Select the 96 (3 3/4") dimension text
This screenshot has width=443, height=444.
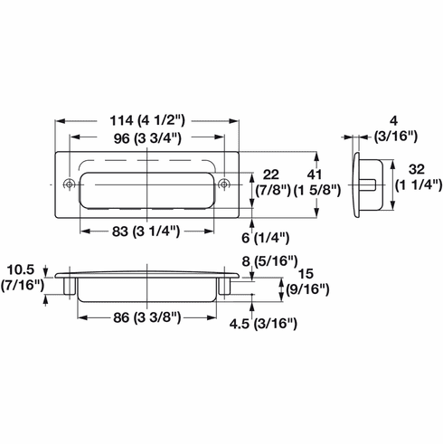click(x=148, y=138)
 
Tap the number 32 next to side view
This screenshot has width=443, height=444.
click(x=413, y=168)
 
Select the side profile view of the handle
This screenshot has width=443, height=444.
click(x=369, y=184)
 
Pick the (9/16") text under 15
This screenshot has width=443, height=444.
click(x=306, y=290)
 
